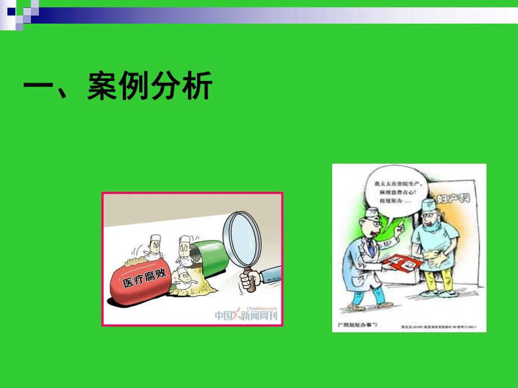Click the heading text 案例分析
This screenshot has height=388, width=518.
pyautogui.click(x=149, y=87)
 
